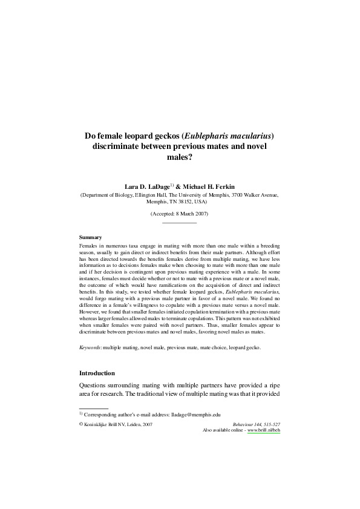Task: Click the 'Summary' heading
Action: pyautogui.click(x=90, y=237)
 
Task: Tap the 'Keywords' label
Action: pyautogui.click(x=91, y=348)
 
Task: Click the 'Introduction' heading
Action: pyautogui.click(x=97, y=373)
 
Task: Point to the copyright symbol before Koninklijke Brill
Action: pyautogui.click(x=82, y=425)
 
